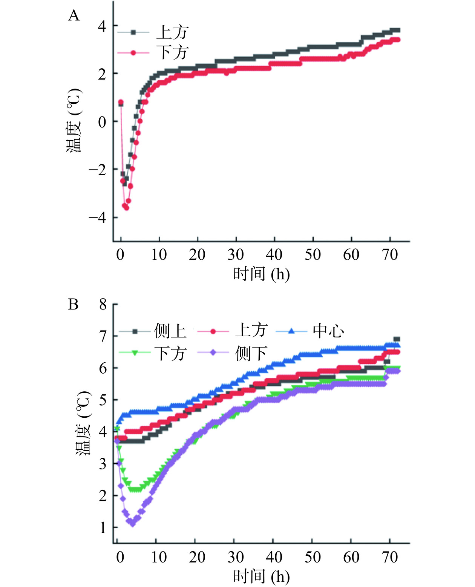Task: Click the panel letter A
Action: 74,16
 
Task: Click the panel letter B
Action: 73,304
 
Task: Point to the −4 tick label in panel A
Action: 97,218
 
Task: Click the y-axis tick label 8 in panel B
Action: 103,304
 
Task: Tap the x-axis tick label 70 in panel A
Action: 390,255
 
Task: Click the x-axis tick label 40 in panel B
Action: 274,557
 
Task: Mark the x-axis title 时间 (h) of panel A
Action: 261,274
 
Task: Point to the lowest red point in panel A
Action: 126,208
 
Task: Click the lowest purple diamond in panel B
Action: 132,524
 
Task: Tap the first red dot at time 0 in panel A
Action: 121,102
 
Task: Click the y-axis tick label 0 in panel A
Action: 102,122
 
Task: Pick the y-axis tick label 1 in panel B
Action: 103,528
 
